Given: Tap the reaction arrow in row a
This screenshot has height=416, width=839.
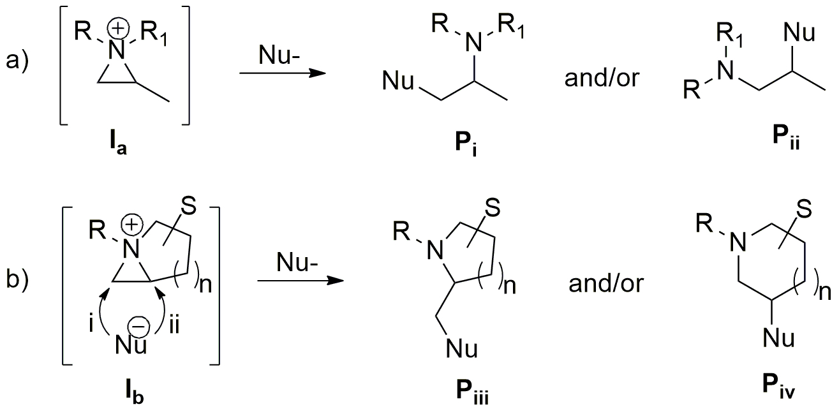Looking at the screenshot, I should tap(281, 75).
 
